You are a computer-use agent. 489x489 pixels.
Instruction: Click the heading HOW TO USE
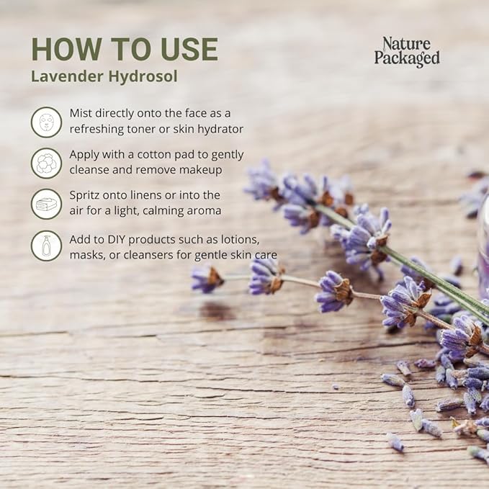coord(124,49)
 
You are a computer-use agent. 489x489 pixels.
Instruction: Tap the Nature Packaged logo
coord(406,52)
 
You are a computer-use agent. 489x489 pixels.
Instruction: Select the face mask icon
coord(46,122)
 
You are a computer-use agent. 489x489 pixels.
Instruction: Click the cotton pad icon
coord(46,163)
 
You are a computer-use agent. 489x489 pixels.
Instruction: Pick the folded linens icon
coord(46,204)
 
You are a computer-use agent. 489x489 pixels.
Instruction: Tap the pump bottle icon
coord(46,245)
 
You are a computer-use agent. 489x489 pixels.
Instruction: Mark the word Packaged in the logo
coord(406,59)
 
